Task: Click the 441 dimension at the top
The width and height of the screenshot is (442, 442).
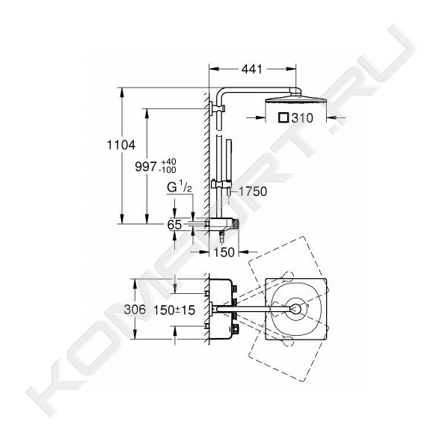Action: [x=252, y=69]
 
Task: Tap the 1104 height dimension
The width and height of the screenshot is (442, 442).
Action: [x=121, y=145]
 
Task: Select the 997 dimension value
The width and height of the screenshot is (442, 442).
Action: [x=145, y=166]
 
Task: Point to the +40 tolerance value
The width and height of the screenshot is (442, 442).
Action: [x=168, y=162]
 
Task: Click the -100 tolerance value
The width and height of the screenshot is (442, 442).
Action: [x=168, y=170]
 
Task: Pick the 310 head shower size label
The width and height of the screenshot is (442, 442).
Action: [x=302, y=118]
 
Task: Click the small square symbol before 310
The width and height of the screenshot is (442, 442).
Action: [x=283, y=117]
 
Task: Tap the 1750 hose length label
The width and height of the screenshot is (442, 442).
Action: [x=253, y=191]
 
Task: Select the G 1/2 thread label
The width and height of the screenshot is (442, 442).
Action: [x=179, y=188]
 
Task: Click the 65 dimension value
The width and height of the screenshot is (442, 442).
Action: [x=174, y=224]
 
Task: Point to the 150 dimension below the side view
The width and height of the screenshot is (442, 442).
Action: [x=224, y=252]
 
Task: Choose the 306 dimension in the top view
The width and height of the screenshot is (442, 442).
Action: [x=135, y=310]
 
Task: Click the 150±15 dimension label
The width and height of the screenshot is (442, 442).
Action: [x=174, y=310]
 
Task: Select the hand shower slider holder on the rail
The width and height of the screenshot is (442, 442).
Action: [x=221, y=185]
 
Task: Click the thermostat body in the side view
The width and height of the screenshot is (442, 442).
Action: [x=223, y=224]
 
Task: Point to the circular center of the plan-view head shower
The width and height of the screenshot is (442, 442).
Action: [x=295, y=309]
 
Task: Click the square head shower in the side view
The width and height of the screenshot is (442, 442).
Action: [x=296, y=101]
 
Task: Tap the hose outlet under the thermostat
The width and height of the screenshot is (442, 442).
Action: [x=222, y=236]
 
